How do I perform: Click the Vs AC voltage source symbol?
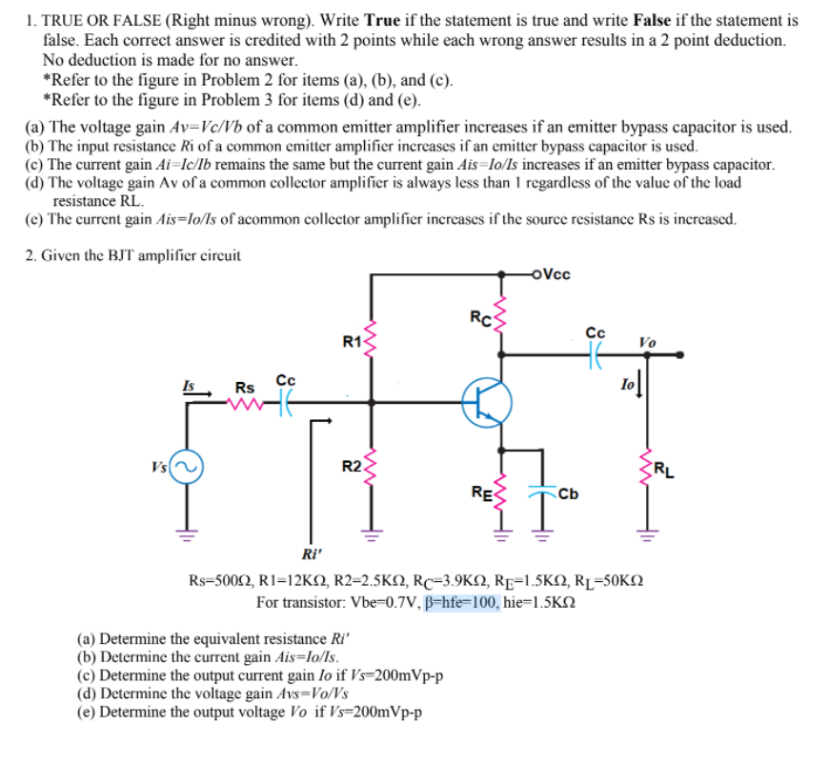click(x=186, y=467)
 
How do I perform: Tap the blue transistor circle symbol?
click(x=486, y=402)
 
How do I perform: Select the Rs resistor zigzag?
click(x=245, y=404)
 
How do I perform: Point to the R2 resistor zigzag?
click(x=371, y=468)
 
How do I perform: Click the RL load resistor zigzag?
click(x=647, y=468)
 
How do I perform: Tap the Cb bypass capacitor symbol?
click(x=542, y=493)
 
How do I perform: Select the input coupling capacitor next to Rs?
click(x=286, y=403)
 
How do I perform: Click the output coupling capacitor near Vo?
click(x=596, y=354)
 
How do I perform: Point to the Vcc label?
click(x=556, y=274)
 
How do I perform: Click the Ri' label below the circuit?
click(x=312, y=554)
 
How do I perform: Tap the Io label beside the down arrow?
click(x=628, y=384)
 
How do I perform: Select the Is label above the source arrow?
click(x=189, y=386)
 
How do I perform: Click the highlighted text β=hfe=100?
click(x=461, y=602)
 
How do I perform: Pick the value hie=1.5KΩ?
click(x=539, y=602)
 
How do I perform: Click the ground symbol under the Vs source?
click(x=186, y=534)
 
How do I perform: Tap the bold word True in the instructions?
click(x=382, y=20)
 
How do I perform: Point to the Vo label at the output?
click(x=648, y=343)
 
